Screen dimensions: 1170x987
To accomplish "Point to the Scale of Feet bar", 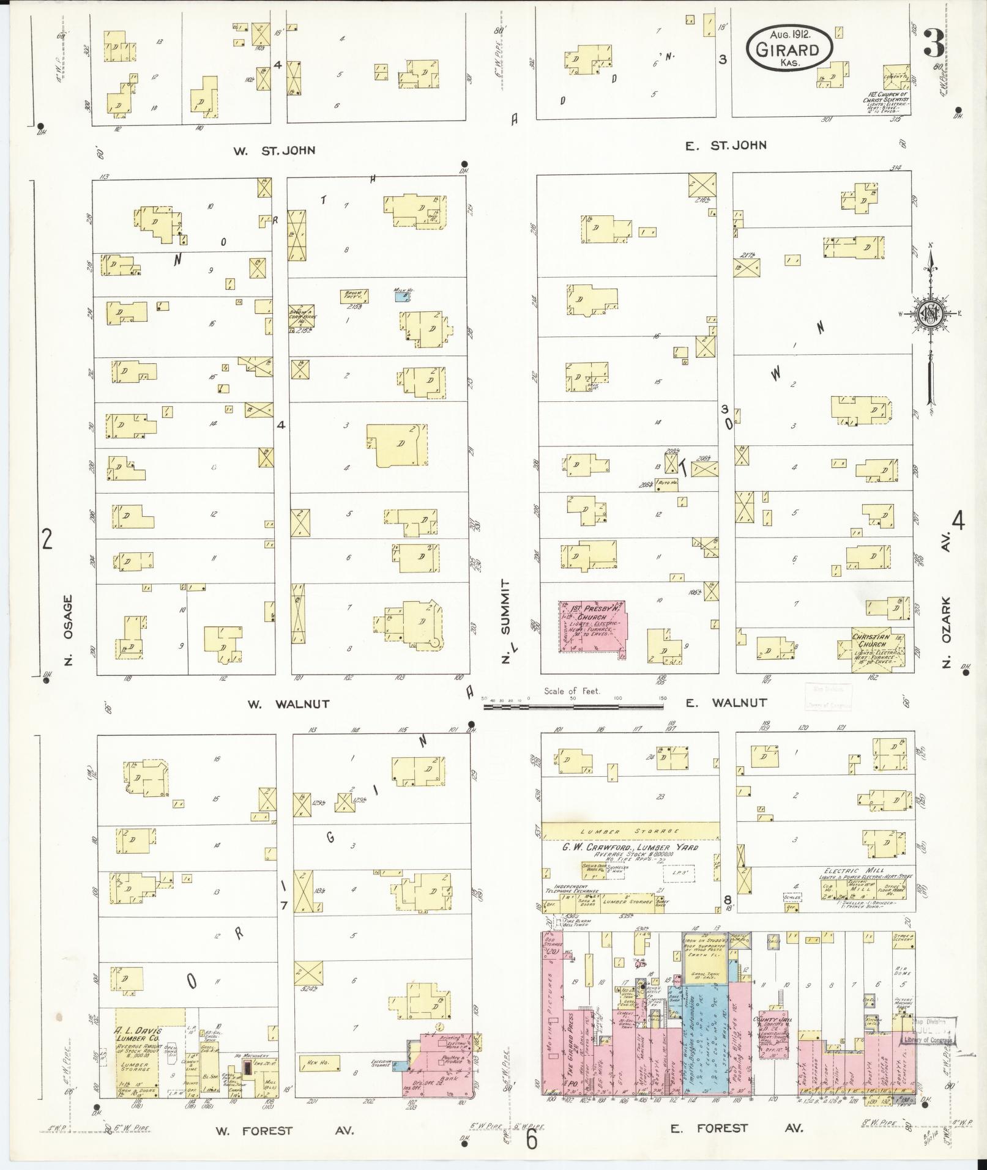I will point(574,706).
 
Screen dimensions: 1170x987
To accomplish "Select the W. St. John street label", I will point(275,150).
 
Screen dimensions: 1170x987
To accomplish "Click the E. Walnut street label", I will point(726,703).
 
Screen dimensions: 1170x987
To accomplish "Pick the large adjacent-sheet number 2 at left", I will point(47,540).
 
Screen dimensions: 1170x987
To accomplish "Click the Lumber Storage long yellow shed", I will point(630,831).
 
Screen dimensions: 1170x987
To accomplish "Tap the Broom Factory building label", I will point(354,296).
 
